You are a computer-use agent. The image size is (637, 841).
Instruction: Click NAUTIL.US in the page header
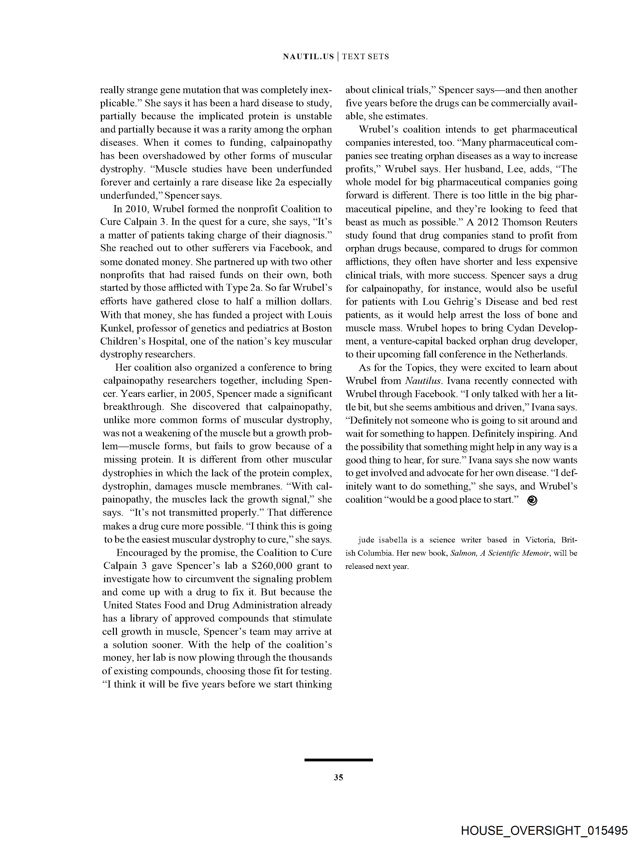pyautogui.click(x=308, y=57)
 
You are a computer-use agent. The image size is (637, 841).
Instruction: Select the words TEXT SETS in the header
pyautogui.click(x=365, y=57)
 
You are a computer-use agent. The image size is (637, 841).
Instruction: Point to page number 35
pyautogui.click(x=338, y=778)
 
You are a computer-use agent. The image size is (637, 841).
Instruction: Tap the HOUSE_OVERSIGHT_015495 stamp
pyautogui.click(x=544, y=830)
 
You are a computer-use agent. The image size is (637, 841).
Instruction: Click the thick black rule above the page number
pyautogui.click(x=338, y=760)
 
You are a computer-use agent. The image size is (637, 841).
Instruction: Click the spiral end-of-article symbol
pyautogui.click(x=532, y=501)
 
